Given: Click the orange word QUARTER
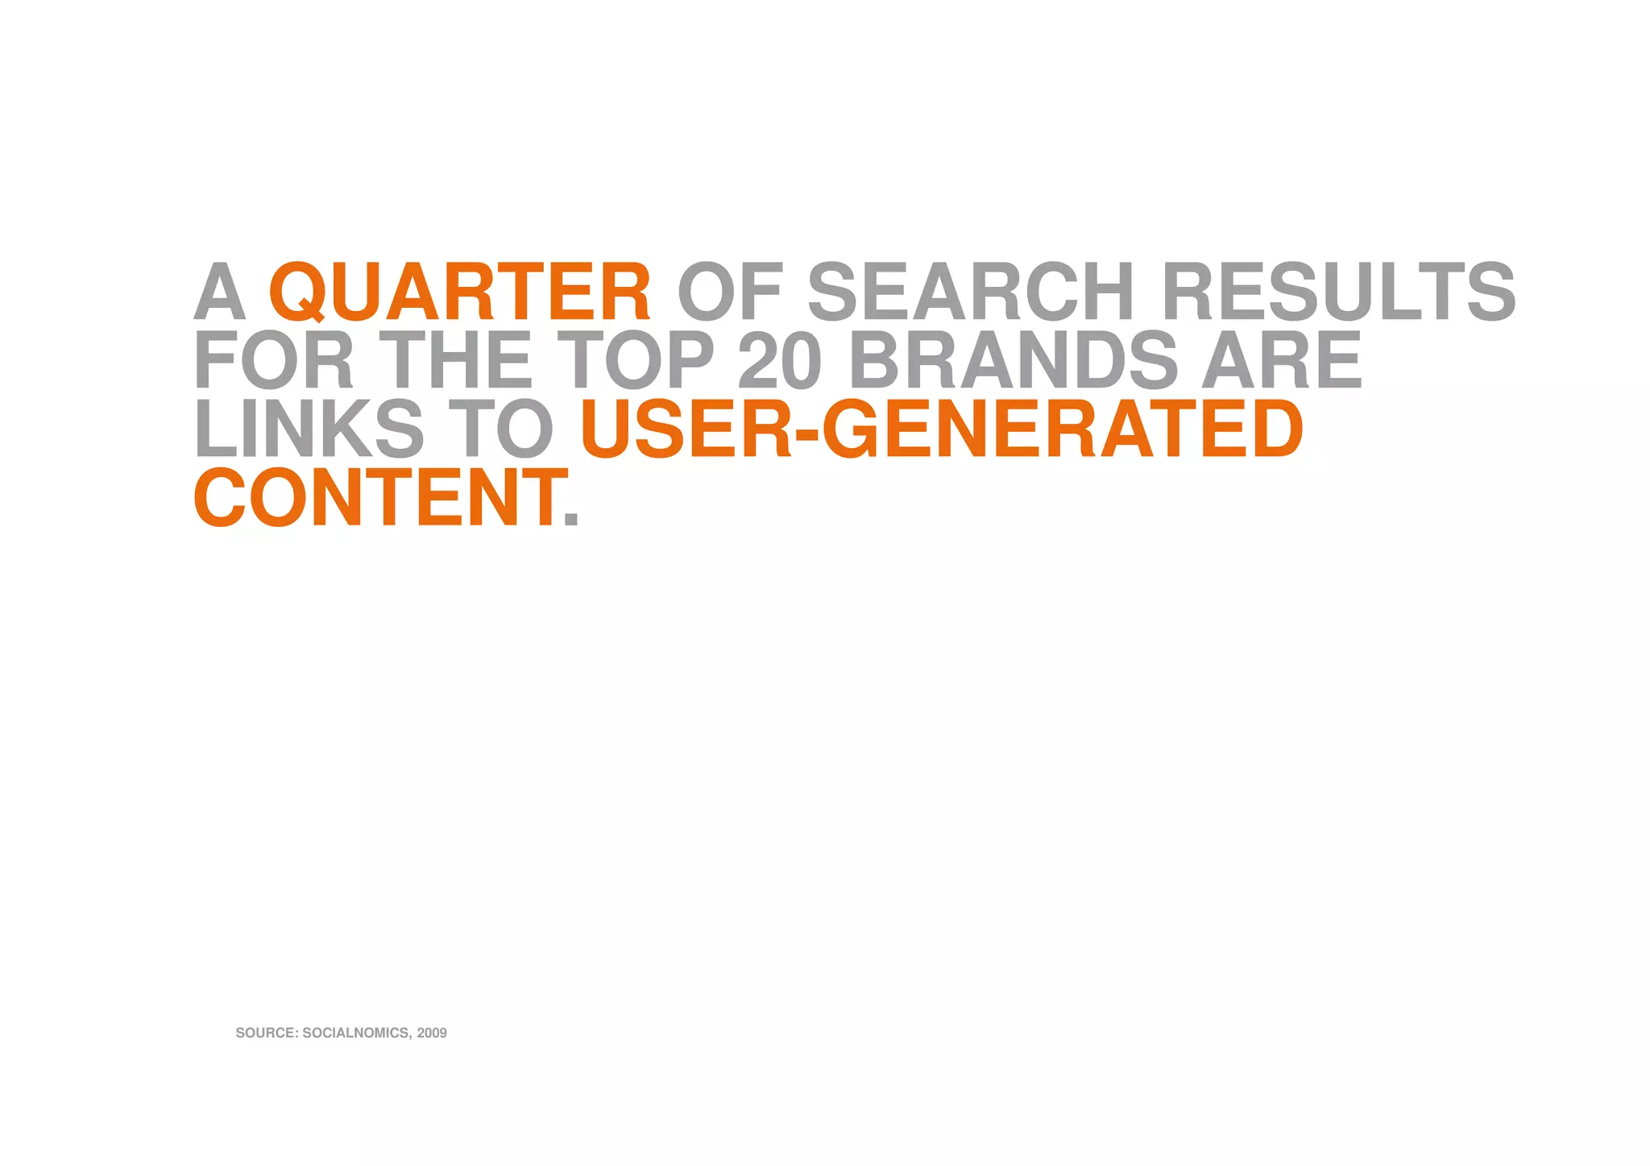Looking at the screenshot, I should pyautogui.click(x=459, y=291).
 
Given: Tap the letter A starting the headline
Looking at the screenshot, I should pyautogui.click(x=219, y=291).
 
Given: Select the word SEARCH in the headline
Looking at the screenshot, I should pyautogui.click(x=970, y=291).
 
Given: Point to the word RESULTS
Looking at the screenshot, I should pyautogui.click(x=1338, y=291).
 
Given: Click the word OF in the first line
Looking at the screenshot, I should pyautogui.click(x=730, y=291).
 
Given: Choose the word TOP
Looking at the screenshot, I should pyautogui.click(x=636, y=360).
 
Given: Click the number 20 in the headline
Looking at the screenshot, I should pyautogui.click(x=779, y=360).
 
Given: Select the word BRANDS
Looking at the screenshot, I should pyautogui.click(x=1014, y=360).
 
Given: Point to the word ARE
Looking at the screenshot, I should pyautogui.click(x=1281, y=360).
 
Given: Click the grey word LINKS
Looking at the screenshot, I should pyautogui.click(x=309, y=429).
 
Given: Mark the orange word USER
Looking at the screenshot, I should pyautogui.click(x=686, y=429).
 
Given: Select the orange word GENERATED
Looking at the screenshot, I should pyautogui.click(x=1061, y=429).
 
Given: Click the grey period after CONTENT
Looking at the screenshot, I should pyautogui.click(x=571, y=519).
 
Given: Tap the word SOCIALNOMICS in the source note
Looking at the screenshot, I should pyautogui.click(x=355, y=1033).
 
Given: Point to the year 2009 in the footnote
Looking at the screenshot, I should pyautogui.click(x=432, y=1033).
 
